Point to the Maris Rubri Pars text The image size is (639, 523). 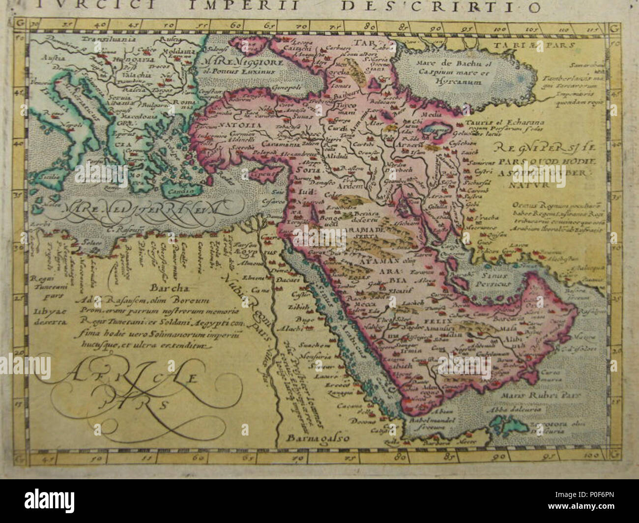[545, 394]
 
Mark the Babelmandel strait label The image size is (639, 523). [434, 421]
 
